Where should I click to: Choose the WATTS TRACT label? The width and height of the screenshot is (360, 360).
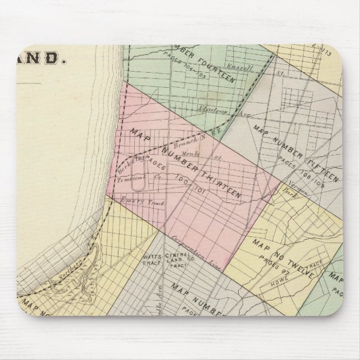tap(146, 262)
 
